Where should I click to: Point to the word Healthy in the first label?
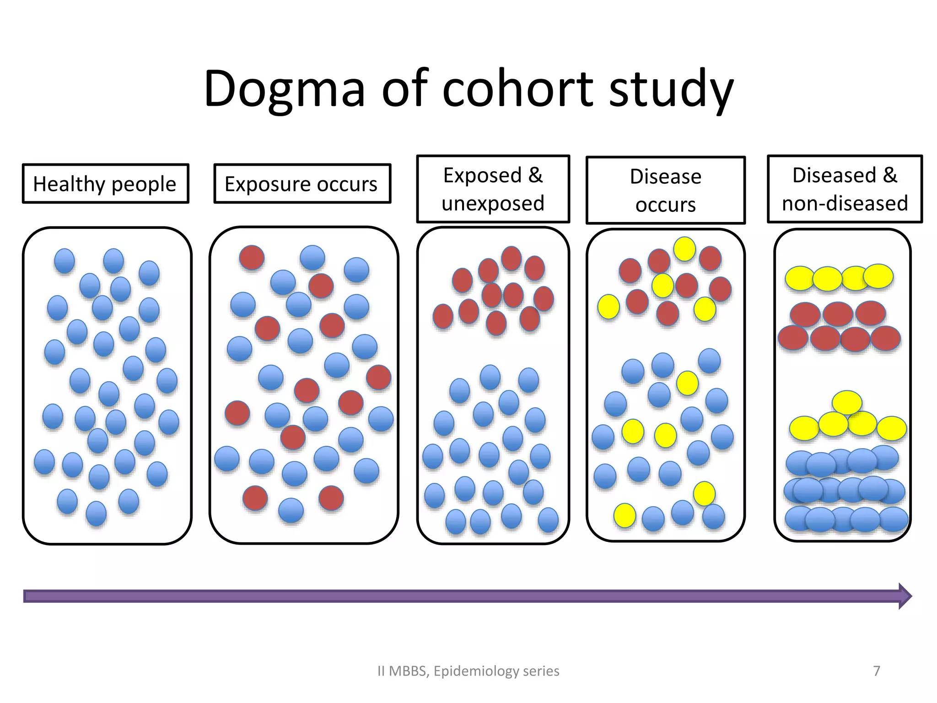point(69,184)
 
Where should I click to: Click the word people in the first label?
point(144,184)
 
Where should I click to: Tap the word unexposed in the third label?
point(493,204)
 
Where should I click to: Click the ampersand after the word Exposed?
point(535,175)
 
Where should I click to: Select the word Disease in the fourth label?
point(665,177)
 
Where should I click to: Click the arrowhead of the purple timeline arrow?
point(905,596)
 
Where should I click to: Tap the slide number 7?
point(876,671)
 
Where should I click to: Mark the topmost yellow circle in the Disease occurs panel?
point(684,249)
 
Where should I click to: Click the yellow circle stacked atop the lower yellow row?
point(847,403)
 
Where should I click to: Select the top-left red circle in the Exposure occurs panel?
point(252,257)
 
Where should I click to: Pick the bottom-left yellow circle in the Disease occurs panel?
point(625,515)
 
